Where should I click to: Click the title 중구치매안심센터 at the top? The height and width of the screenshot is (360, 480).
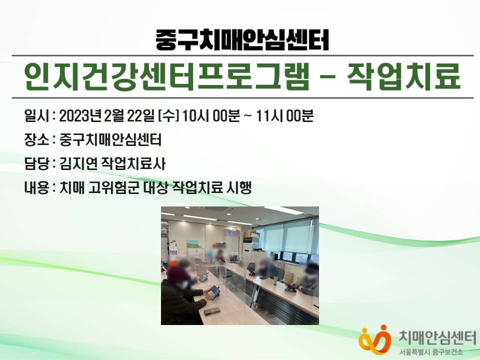(x=242, y=40)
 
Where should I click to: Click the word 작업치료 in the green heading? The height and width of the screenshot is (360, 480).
(x=403, y=76)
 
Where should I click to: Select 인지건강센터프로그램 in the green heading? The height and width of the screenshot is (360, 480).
(x=167, y=76)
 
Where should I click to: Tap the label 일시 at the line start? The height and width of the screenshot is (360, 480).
(x=36, y=116)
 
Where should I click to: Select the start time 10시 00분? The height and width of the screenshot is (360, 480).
(x=211, y=116)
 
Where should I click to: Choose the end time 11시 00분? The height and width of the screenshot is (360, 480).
(x=284, y=116)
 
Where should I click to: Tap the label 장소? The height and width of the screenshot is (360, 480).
(x=36, y=140)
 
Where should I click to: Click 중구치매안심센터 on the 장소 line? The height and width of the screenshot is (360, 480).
(x=110, y=140)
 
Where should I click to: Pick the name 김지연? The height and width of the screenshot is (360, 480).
(x=78, y=164)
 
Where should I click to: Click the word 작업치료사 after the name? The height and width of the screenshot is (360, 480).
(x=133, y=164)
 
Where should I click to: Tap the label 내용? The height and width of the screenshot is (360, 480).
(x=36, y=187)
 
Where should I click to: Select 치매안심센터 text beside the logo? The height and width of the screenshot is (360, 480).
(x=437, y=338)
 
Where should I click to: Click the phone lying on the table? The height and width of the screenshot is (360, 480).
(x=212, y=311)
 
